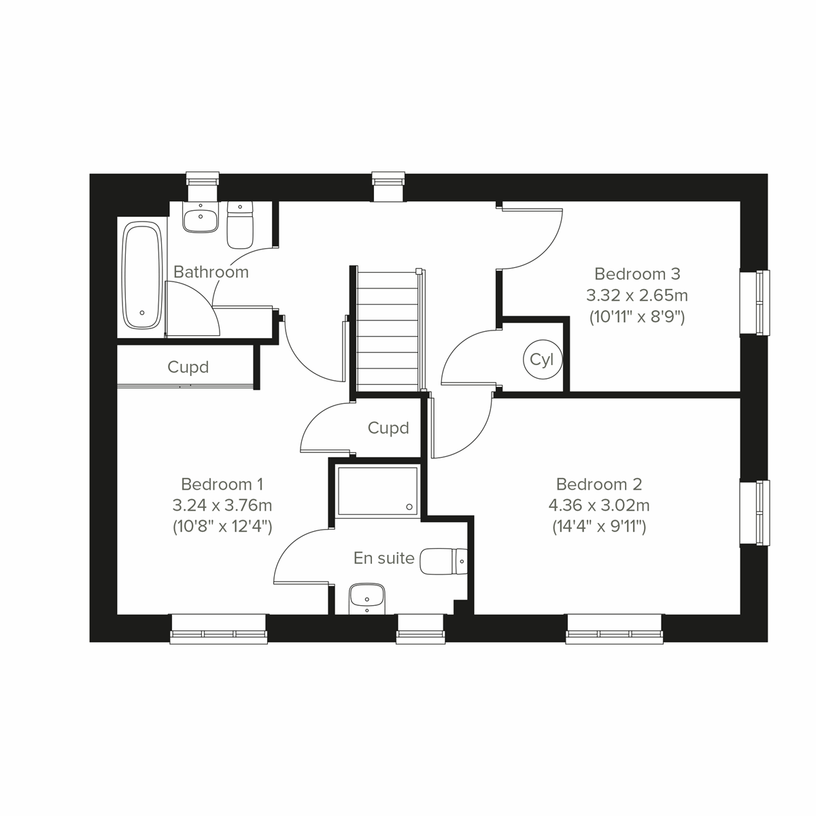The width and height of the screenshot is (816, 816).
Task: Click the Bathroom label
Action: click(211, 272)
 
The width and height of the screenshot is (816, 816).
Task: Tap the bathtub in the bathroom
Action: click(142, 277)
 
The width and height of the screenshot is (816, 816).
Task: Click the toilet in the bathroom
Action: click(239, 226)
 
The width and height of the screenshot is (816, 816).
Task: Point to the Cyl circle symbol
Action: click(542, 360)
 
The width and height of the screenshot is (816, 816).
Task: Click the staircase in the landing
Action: click(386, 330)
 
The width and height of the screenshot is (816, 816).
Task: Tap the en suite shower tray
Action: click(377, 490)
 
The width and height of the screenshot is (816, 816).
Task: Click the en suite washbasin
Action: click(367, 598)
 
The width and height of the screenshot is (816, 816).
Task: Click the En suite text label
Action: click(384, 558)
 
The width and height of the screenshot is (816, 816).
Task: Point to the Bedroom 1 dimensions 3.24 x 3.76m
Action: click(222, 505)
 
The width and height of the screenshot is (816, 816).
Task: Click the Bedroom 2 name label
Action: click(598, 484)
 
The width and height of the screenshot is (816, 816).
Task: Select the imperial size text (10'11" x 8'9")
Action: click(636, 316)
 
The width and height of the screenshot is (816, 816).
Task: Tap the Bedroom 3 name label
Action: click(636, 274)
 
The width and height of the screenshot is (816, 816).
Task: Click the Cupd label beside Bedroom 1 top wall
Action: click(188, 367)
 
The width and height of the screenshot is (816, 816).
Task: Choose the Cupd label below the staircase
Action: click(388, 428)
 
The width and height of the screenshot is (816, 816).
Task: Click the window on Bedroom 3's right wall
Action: click(756, 303)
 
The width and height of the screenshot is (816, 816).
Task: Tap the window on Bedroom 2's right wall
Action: click(756, 513)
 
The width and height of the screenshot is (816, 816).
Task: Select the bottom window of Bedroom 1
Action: click(218, 629)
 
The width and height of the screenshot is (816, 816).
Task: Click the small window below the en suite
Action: click(420, 629)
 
